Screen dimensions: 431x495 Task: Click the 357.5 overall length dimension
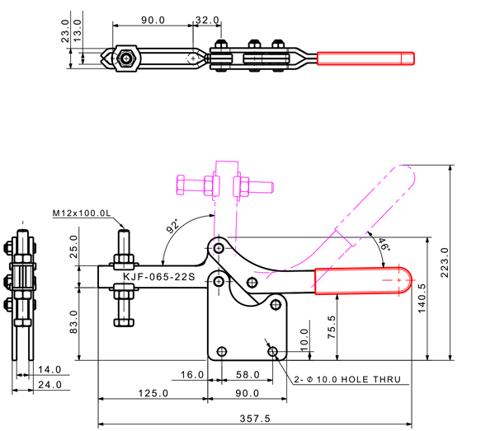[255, 418]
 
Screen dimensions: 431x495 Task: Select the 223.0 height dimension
[445, 263]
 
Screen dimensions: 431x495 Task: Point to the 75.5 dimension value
[332, 326]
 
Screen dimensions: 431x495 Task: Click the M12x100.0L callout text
[81, 213]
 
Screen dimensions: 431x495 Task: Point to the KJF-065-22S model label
[158, 277]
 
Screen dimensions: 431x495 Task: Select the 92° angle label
[172, 226]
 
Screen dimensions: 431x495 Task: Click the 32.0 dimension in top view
[207, 19]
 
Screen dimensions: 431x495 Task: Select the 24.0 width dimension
[49, 385]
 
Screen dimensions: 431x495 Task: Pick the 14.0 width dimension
[49, 370]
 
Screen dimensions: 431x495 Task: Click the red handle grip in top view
[365, 59]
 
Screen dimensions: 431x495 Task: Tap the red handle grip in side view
[364, 281]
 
